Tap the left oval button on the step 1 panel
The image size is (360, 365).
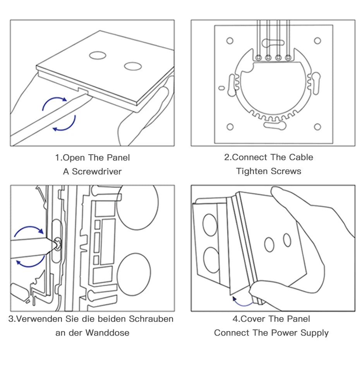pyautogui.click(x=98, y=55)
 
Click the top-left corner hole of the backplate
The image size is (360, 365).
pyautogui.click(x=230, y=41)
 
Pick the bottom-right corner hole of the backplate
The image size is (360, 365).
pyautogui.click(x=317, y=127)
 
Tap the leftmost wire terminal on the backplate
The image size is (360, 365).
pyautogui.click(x=258, y=58)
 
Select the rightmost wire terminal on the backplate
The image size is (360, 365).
pyautogui.click(x=288, y=58)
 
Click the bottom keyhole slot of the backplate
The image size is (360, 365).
pyautogui.click(x=275, y=125)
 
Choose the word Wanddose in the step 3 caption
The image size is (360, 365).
pyautogui.click(x=107, y=333)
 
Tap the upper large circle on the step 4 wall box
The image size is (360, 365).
pyautogui.click(x=211, y=225)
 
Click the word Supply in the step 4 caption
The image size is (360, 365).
pyautogui.click(x=313, y=333)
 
